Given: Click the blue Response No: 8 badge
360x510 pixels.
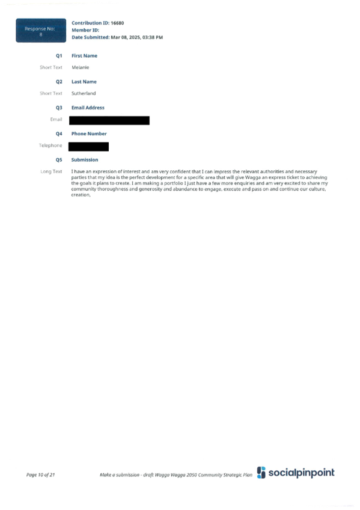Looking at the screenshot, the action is coord(41,30).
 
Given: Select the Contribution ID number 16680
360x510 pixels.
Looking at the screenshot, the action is coord(117,23).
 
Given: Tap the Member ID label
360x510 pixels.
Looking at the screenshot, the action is coord(85,30).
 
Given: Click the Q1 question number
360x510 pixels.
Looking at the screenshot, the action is coord(59,55).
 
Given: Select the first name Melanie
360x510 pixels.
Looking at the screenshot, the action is coord(81,67).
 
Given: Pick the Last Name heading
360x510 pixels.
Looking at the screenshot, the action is coord(84,82).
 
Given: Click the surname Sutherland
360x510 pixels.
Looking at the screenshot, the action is coord(84,93).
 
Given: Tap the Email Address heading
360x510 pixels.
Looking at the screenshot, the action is coord(88,108).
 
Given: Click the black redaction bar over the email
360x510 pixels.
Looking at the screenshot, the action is coord(109,120).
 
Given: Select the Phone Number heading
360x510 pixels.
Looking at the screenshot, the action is coord(89,134).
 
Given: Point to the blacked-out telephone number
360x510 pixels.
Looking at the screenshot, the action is coord(88,147).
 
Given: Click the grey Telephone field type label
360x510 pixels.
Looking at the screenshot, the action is coord(50,146).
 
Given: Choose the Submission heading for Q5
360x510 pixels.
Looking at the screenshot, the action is coord(85,160).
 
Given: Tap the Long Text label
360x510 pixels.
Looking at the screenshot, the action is coord(51,171).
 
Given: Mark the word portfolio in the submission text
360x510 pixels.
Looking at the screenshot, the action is coord(174,183).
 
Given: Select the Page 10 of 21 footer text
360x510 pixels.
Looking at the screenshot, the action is coord(41,475).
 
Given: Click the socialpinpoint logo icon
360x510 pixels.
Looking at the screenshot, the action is coord(261,473).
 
